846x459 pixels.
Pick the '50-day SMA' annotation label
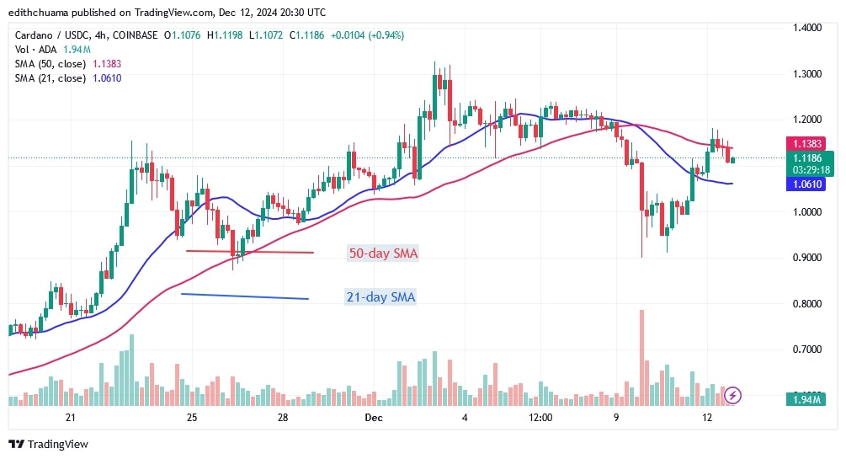pos(382,254)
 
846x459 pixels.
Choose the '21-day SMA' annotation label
pos(380,296)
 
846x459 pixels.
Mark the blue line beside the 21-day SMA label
pos(244,296)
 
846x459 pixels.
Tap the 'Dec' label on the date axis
pos(374,418)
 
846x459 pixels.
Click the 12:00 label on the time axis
pos(540,418)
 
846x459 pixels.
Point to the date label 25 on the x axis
pos(192,418)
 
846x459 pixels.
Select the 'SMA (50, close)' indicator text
pos(51,63)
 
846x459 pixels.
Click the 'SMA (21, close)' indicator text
pos(51,78)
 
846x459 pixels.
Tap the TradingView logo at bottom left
pos(48,444)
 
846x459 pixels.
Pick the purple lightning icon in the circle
pos(733,394)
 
